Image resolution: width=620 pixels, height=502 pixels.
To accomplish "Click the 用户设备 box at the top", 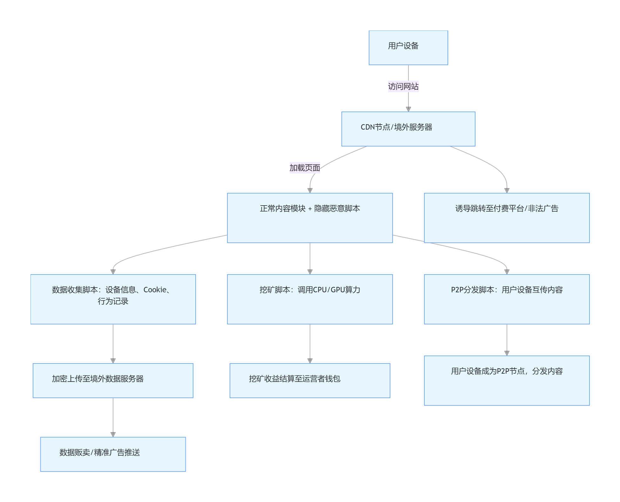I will [x=408, y=48].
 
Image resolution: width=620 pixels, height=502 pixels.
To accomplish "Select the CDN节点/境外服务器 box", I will [x=408, y=129].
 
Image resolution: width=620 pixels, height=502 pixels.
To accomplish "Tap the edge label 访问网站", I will [x=403, y=86].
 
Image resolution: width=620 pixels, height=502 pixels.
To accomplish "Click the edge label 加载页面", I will [x=305, y=168].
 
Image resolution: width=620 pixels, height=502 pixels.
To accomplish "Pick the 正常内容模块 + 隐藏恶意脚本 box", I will [x=310, y=218].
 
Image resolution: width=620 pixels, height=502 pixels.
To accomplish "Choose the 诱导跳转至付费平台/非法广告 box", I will [x=507, y=218].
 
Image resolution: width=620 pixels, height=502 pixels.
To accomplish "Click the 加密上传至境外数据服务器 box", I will [x=113, y=381].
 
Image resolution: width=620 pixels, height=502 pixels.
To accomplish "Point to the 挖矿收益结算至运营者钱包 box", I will [x=310, y=381].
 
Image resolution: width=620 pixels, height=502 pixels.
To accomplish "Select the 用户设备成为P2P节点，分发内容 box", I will [x=507, y=381].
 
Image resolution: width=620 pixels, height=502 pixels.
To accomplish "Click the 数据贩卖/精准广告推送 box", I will [x=113, y=454].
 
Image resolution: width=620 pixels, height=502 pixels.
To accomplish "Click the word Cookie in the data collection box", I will [x=155, y=290].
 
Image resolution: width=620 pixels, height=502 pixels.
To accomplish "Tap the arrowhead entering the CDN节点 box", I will [x=408, y=109].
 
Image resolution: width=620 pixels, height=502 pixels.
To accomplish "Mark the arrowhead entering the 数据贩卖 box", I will [x=113, y=435].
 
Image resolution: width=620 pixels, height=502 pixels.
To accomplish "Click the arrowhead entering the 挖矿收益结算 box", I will [x=310, y=361].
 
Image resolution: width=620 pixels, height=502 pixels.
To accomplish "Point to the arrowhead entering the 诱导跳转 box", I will [x=507, y=191].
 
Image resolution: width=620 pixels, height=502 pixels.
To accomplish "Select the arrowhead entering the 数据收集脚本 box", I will [x=113, y=272].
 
